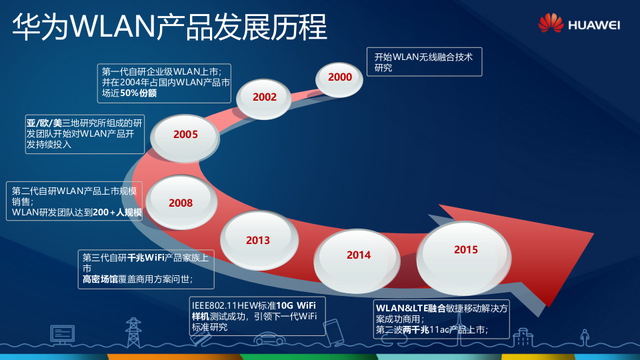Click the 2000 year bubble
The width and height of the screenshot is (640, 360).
pos(340,77)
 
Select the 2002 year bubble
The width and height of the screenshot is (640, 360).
pos(265,97)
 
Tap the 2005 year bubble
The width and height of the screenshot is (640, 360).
pos(186,135)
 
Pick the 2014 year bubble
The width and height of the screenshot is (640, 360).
pos(359,255)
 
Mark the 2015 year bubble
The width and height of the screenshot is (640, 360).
pos(466,250)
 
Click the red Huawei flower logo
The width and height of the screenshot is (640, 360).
pos(551,23)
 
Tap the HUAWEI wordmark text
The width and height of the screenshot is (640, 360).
pos(594,25)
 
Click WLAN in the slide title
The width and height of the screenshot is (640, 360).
pos(112,27)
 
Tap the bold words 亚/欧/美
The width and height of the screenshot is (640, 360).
pos(44,123)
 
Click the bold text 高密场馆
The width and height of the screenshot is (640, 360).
pos(101,279)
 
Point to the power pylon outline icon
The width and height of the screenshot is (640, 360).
pos(134,333)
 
